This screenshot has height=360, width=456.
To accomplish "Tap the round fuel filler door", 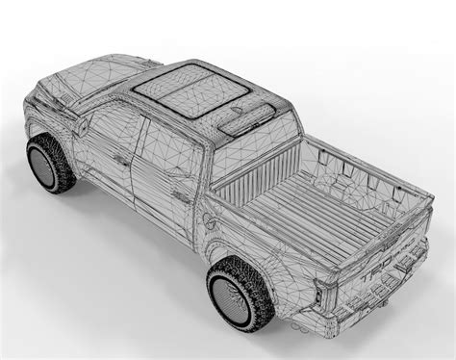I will pos(210,220).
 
